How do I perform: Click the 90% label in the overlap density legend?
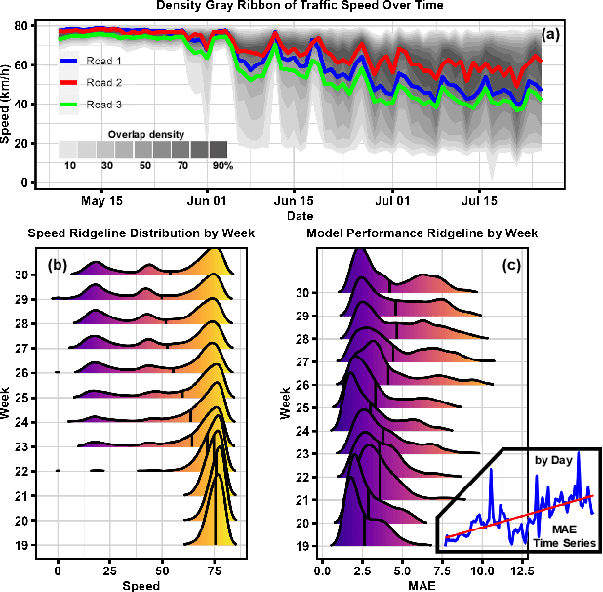[223, 167]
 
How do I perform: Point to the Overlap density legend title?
[146, 133]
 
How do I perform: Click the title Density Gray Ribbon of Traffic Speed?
[300, 6]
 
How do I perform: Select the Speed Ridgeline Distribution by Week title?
[141, 233]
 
